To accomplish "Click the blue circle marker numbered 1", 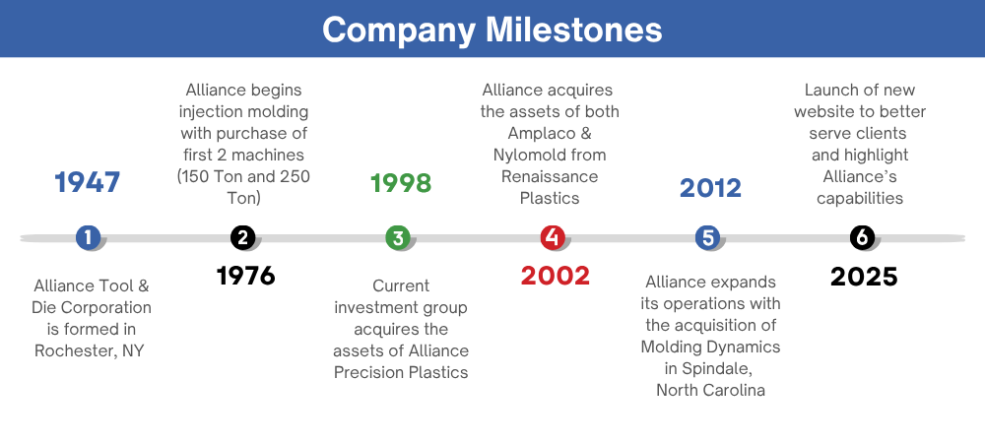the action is [88, 237].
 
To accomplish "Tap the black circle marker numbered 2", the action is [243, 237].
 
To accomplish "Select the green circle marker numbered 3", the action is [398, 237].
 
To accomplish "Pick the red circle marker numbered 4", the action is [553, 237].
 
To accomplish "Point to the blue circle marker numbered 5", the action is [708, 237].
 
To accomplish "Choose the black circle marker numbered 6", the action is [863, 237].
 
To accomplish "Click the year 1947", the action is [88, 182].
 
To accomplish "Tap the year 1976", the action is [245, 276].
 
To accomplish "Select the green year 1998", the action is [401, 183].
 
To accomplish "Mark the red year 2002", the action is [556, 276].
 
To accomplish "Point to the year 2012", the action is [710, 188].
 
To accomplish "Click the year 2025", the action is [864, 277].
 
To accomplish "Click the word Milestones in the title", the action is [574, 30].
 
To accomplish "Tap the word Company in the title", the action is [399, 31].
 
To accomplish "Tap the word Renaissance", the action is [550, 176].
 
